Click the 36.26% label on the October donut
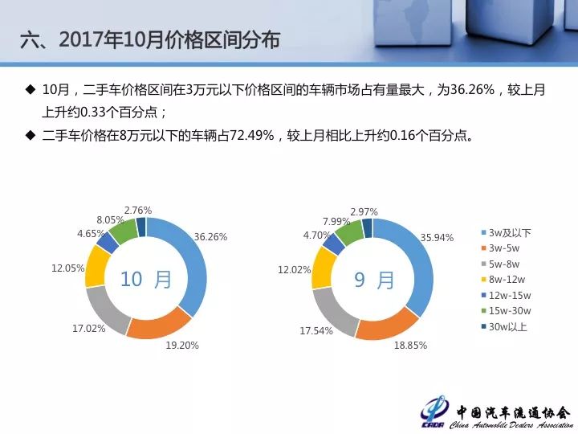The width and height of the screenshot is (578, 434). coord(210,237)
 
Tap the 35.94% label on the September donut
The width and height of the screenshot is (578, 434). coord(437,238)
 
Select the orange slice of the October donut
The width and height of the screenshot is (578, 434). coord(159,322)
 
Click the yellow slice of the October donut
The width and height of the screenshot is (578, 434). coord(97,267)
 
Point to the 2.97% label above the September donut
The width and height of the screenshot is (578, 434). coord(364,212)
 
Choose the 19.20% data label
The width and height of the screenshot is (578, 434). coord(182,346)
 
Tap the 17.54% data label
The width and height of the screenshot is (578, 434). coord(316,330)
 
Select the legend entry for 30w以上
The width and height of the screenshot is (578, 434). coord(504,326)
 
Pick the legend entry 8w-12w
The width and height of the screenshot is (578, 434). coord(503,280)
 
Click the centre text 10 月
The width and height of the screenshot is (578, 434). coord(146,279)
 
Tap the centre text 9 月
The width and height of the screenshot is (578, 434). coord(374,280)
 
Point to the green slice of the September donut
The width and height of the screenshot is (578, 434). coord(349,232)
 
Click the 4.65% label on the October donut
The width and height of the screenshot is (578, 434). coord(91,234)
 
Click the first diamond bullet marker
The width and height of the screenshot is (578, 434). coord(31,89)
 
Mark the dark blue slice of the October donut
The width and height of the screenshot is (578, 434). coord(140,227)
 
